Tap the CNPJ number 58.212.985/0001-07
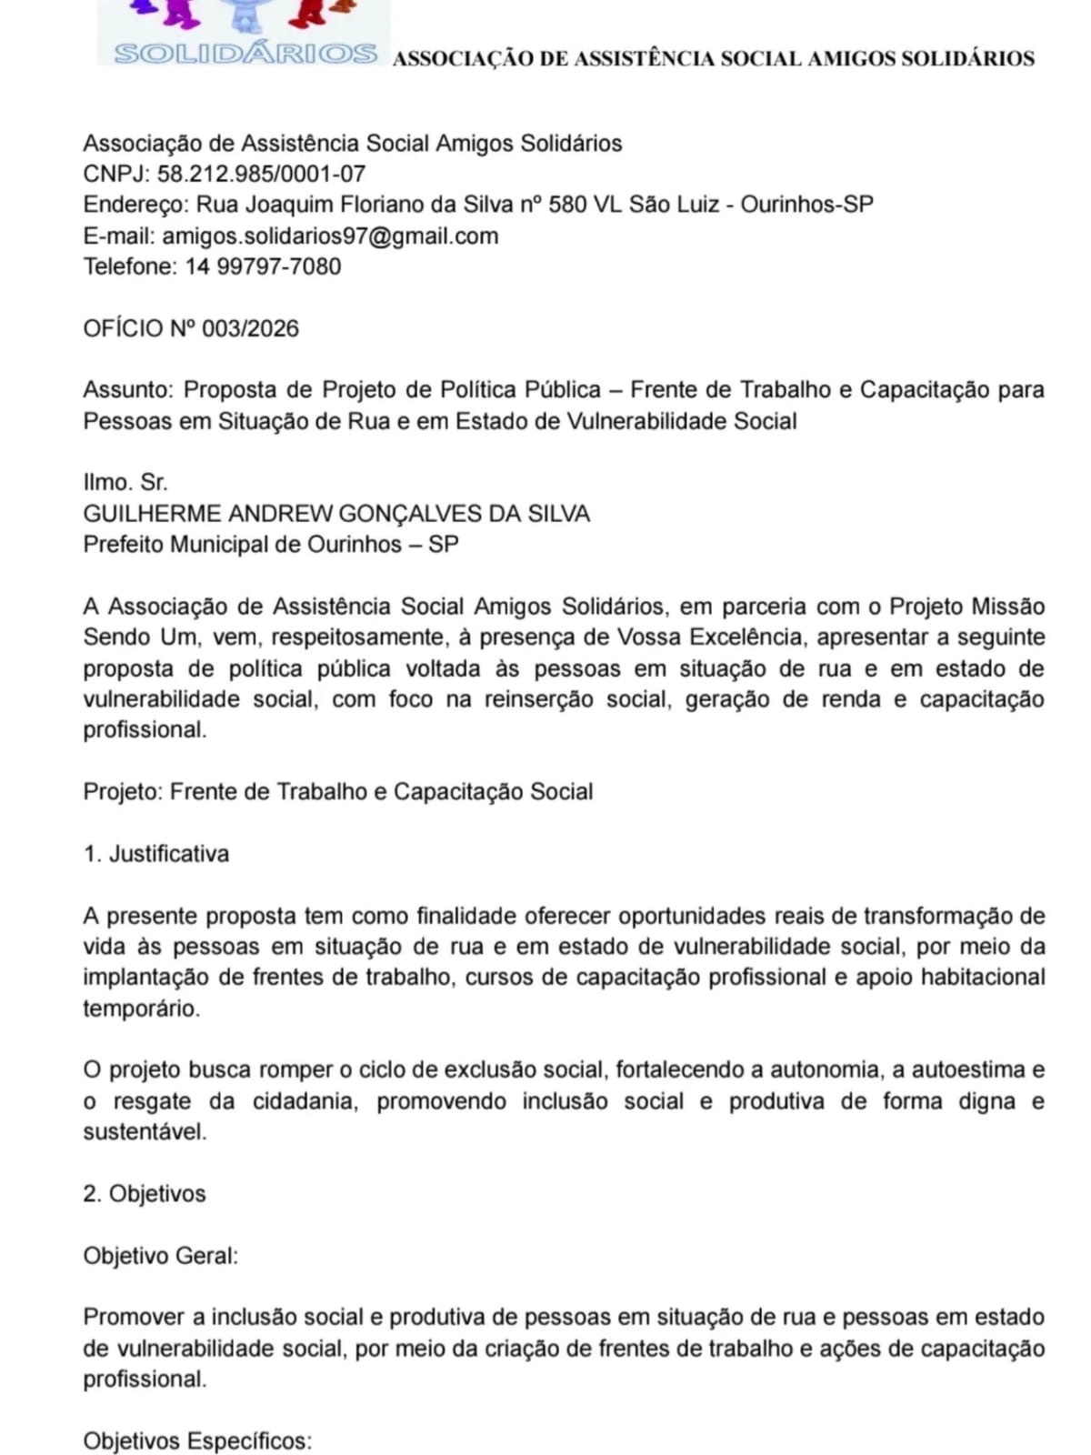(x=262, y=174)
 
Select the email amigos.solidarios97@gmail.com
(x=330, y=236)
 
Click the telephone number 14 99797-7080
(x=264, y=266)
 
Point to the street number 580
(x=567, y=205)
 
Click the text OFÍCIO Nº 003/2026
(x=191, y=328)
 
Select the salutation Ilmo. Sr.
(x=125, y=482)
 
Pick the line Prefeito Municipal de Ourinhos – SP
(x=271, y=545)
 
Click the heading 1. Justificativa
(x=156, y=854)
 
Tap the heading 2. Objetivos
(x=145, y=1194)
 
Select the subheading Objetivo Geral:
(x=161, y=1256)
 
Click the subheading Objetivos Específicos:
(x=197, y=1441)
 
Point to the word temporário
(x=141, y=1008)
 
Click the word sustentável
(x=145, y=1132)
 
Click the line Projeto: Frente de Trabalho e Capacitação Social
(x=338, y=792)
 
